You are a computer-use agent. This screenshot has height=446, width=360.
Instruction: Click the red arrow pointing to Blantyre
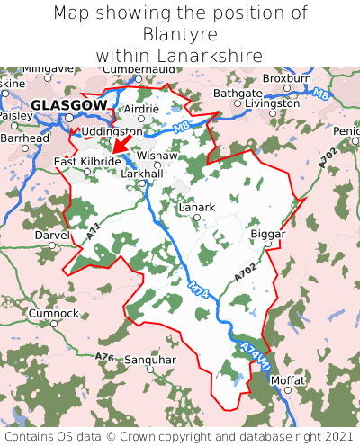coord(118,147)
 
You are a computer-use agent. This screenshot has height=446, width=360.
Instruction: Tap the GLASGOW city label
coord(68,105)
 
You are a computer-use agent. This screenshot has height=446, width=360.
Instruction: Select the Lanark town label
coord(197,207)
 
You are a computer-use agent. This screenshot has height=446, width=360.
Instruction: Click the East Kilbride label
coord(87,161)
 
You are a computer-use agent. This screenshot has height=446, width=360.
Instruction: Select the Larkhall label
coord(141,173)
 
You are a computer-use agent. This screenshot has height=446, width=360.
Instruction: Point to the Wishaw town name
coord(157,155)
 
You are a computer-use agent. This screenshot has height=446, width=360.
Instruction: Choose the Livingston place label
coord(272,103)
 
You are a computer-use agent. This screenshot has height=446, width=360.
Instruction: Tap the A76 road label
coord(105,358)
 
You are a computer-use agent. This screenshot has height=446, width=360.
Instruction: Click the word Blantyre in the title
coord(180,34)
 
